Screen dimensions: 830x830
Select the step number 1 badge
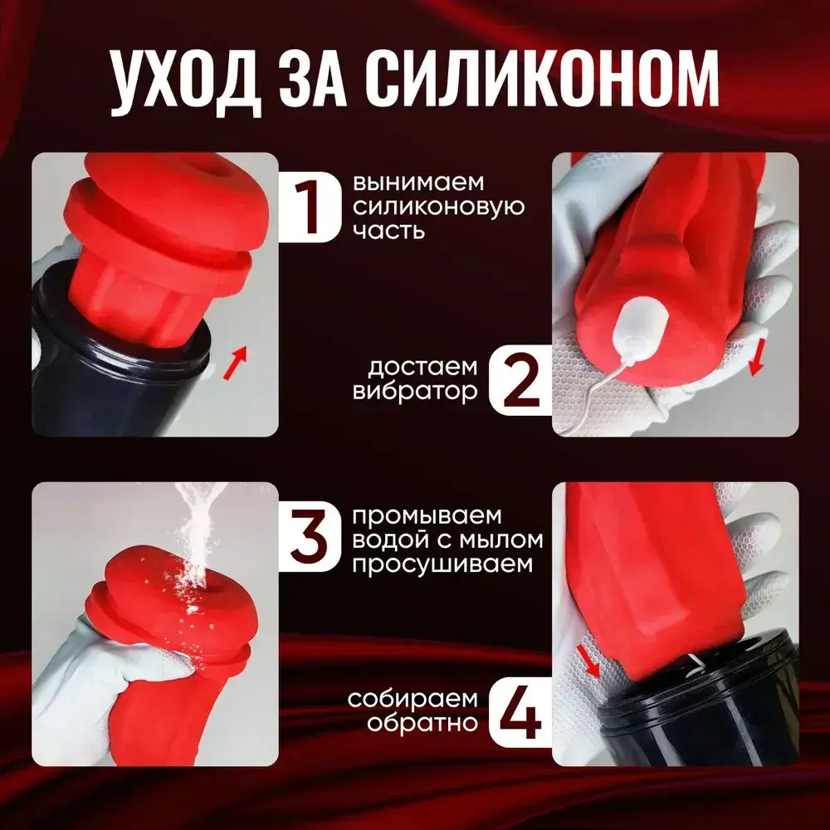tap(309, 207)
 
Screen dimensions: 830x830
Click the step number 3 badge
tap(310, 537)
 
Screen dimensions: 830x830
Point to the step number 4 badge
tap(521, 712)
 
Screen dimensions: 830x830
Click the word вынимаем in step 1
tap(418, 183)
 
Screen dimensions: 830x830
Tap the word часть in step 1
tap(388, 231)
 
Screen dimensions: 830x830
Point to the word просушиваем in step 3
tap(442, 564)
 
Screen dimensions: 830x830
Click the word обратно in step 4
tap(422, 723)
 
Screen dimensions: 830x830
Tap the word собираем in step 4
tap(413, 699)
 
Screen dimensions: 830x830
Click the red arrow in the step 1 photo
tap(235, 363)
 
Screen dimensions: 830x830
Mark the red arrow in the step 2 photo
tap(757, 358)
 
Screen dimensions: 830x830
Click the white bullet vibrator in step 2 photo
tap(639, 323)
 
